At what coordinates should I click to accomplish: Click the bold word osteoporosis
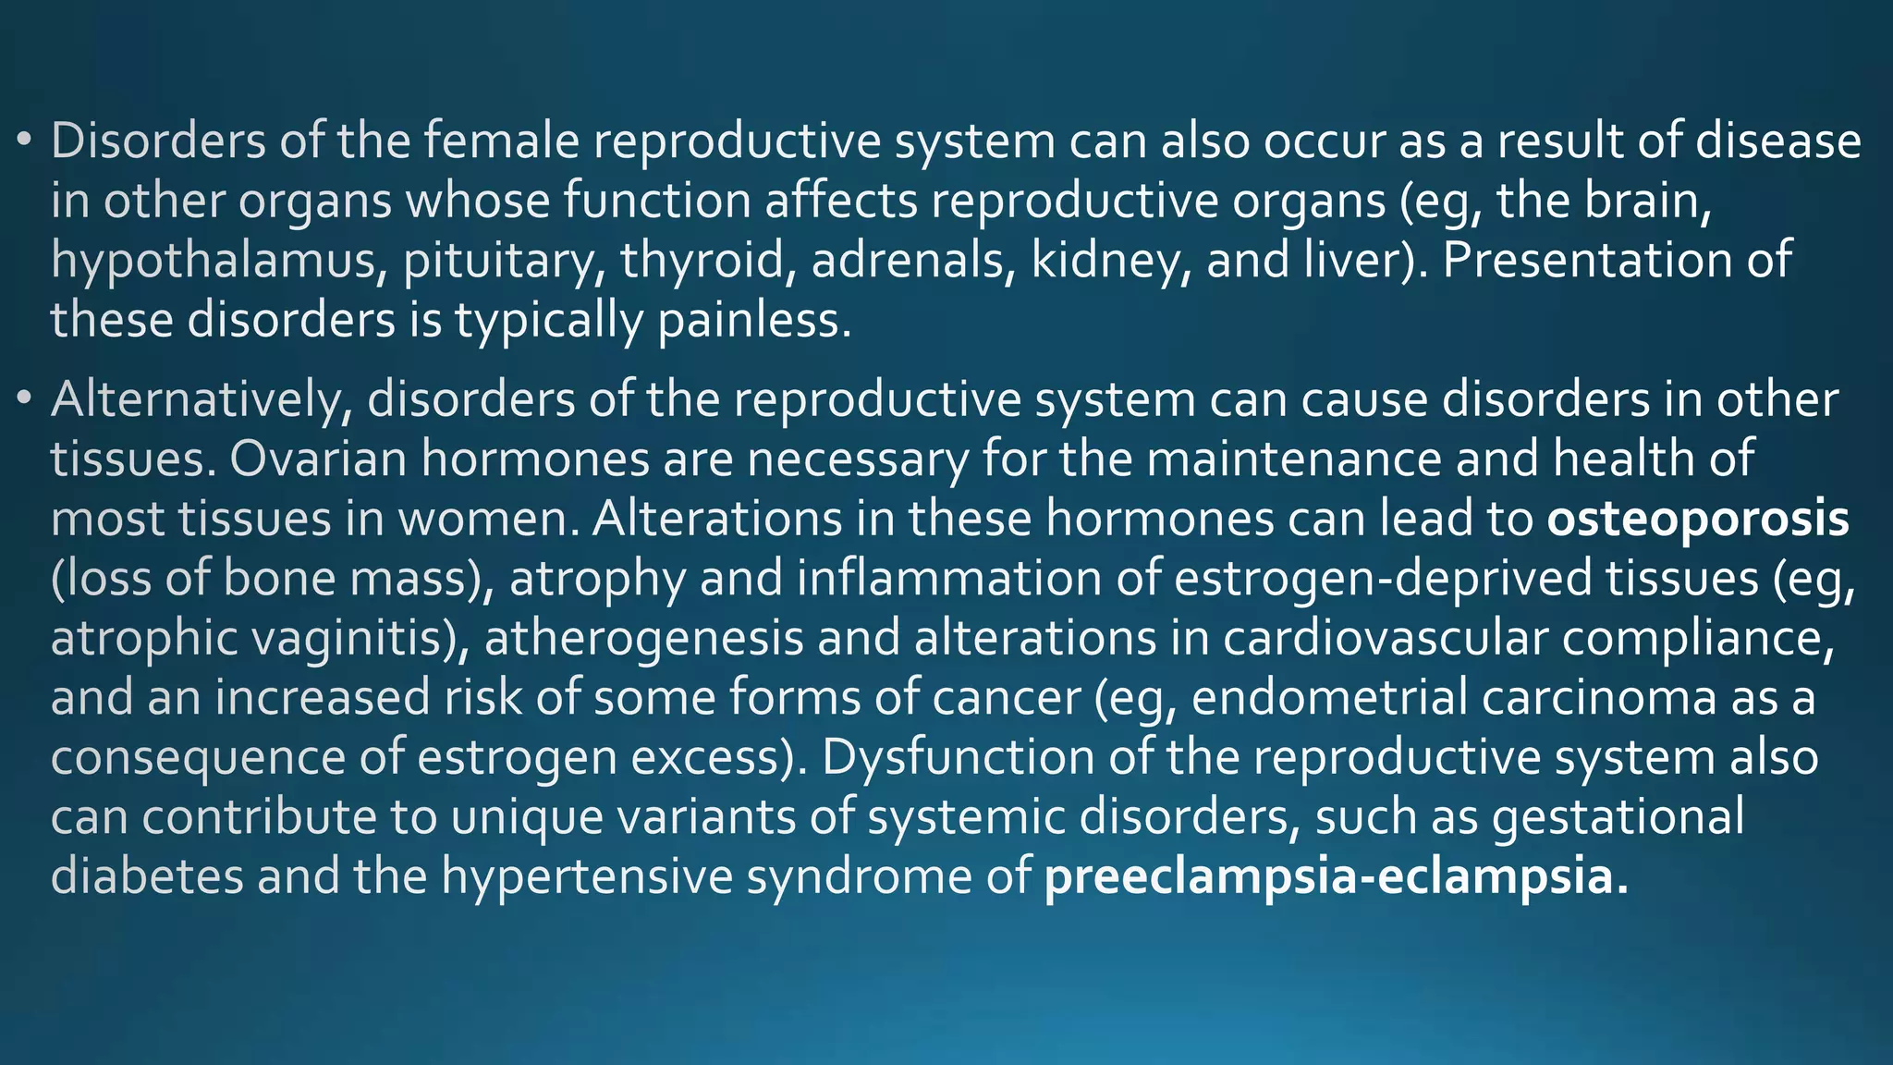point(1698,519)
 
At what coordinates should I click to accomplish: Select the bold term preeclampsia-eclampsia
point(1336,876)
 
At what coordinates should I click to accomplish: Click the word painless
point(753,320)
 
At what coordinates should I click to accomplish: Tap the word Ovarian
point(319,459)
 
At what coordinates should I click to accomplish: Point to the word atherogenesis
point(643,639)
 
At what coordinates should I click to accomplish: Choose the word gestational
point(1618,817)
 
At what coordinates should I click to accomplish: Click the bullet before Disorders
point(25,141)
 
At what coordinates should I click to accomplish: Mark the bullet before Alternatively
point(25,400)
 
